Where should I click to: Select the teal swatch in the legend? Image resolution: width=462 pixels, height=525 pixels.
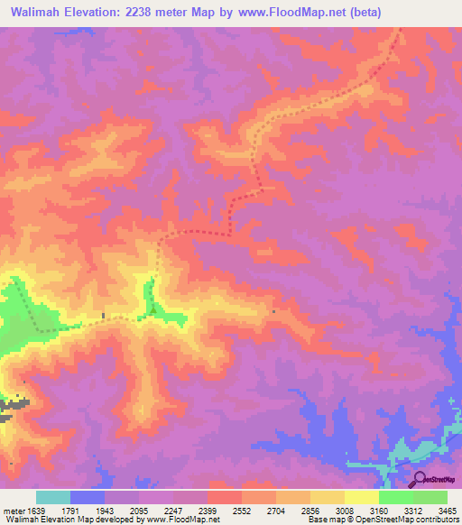[x=52, y=497]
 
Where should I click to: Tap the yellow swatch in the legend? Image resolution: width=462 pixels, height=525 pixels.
[x=361, y=497]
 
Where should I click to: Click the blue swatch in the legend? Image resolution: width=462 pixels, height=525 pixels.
[x=87, y=497]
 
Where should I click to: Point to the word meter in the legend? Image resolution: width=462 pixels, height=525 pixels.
[x=12, y=510]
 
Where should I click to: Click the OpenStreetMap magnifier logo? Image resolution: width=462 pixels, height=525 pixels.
[x=420, y=479]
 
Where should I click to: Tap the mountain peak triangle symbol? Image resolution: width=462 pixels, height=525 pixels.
[x=152, y=312]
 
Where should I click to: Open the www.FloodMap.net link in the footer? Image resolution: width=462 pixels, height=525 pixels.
[x=184, y=520]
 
